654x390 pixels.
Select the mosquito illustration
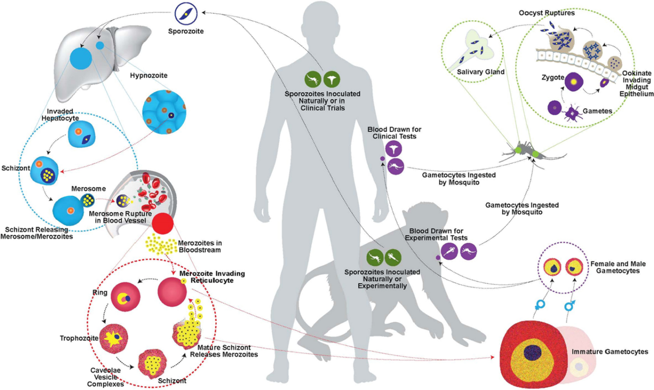pyautogui.click(x=524, y=151)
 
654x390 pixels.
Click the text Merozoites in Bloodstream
pyautogui.click(x=200, y=246)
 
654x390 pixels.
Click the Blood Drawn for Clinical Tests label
pyautogui.click(x=394, y=132)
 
